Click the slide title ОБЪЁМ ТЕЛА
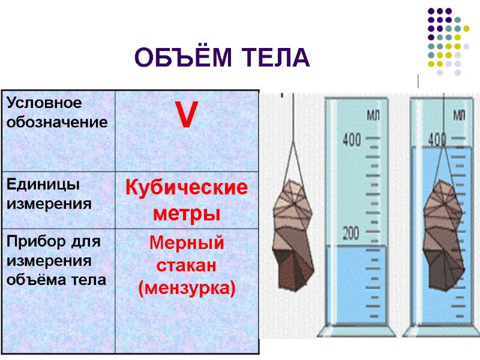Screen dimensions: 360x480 (x=222, y=58)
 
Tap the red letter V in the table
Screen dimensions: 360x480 (x=186, y=115)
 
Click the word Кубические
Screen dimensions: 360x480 (x=186, y=188)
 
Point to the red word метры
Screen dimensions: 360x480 (x=187, y=213)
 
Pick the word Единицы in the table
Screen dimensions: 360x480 (x=35, y=184)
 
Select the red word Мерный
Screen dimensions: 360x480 (x=187, y=244)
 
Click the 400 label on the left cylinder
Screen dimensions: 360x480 (x=352, y=141)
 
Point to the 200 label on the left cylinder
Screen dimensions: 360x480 (x=352, y=232)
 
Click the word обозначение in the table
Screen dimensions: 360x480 (x=57, y=122)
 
